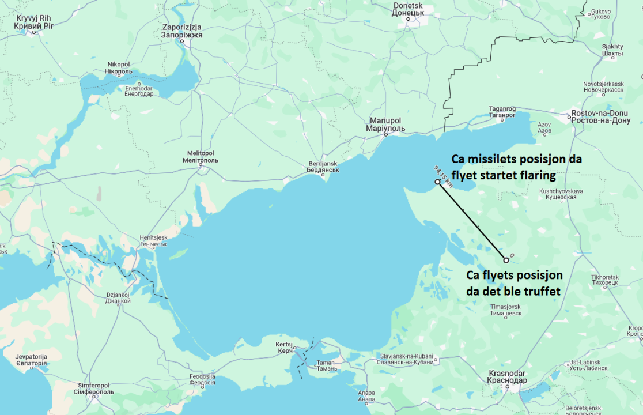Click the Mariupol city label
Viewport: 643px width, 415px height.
(385, 124)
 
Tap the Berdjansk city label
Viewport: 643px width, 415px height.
(323, 167)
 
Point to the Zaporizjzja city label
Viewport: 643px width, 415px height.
(181, 31)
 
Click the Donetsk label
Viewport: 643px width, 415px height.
(408, 9)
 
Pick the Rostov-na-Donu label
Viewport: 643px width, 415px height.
(600, 117)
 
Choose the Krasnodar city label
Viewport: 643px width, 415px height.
(507, 376)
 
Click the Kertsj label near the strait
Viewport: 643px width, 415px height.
(284, 348)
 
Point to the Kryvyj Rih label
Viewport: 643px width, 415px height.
(33, 22)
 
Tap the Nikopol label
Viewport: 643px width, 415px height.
(119, 68)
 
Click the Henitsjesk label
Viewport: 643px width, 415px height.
(153, 241)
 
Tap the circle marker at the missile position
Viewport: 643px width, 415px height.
(437, 182)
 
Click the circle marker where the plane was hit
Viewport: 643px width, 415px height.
(506, 260)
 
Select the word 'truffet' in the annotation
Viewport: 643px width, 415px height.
(538, 291)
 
